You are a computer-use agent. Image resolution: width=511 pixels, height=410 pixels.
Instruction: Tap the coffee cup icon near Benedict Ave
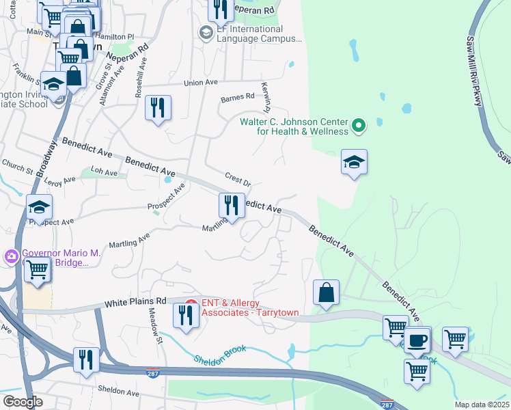pyautogui.click(x=417, y=340)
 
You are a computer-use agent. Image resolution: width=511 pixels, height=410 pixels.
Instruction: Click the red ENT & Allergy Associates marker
pyautogui.click(x=191, y=303)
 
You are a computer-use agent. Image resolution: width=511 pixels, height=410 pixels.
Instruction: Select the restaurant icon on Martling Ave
pyautogui.click(x=232, y=205)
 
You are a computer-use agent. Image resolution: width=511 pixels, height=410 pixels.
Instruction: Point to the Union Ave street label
pyautogui.click(x=200, y=83)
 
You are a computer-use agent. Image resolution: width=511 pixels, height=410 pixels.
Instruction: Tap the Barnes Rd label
pyautogui.click(x=236, y=98)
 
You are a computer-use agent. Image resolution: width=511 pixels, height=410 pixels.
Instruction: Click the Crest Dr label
pyautogui.click(x=238, y=180)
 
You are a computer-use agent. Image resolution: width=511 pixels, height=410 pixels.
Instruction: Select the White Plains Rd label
pyautogui.click(x=136, y=301)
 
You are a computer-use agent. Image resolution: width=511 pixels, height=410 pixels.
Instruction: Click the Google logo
pyautogui.click(x=23, y=401)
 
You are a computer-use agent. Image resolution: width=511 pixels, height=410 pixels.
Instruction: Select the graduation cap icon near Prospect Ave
pyautogui.click(x=40, y=207)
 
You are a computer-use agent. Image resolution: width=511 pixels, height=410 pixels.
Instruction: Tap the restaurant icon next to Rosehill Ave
pyautogui.click(x=158, y=107)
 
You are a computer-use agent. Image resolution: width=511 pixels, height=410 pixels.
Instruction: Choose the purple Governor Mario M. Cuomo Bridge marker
pyautogui.click(x=10, y=257)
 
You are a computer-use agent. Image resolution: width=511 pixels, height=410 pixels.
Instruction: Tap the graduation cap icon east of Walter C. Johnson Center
pyautogui.click(x=354, y=163)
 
